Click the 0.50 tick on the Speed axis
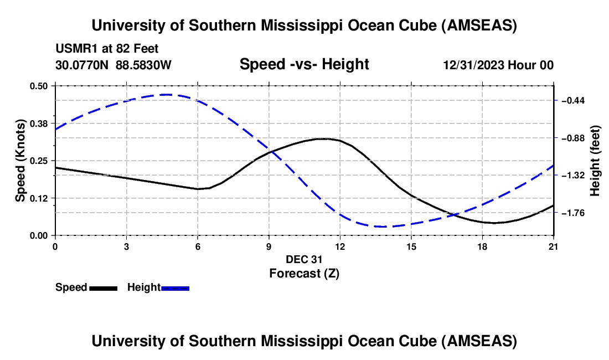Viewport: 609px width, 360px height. pyautogui.click(x=39, y=86)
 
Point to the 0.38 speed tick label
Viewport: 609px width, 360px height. pyautogui.click(x=39, y=123)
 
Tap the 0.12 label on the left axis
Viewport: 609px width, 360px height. pyautogui.click(x=39, y=198)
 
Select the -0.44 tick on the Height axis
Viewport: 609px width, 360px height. pyautogui.click(x=572, y=101)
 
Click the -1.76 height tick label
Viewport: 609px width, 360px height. pyautogui.click(x=572, y=213)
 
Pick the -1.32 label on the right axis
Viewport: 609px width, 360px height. pyautogui.click(x=572, y=176)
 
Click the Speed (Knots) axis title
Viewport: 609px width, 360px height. pyautogui.click(x=20, y=160)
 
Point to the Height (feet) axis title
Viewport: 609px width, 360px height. pyautogui.click(x=595, y=161)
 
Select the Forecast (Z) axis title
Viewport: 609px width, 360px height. pyautogui.click(x=304, y=273)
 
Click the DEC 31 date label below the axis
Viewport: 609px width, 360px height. pyautogui.click(x=304, y=259)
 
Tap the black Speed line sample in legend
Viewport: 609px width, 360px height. pyautogui.click(x=103, y=288)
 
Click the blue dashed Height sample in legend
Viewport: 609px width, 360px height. pyautogui.click(x=176, y=288)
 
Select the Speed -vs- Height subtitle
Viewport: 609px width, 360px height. pyautogui.click(x=304, y=65)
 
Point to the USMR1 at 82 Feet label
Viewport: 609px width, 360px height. pyautogui.click(x=107, y=49)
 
